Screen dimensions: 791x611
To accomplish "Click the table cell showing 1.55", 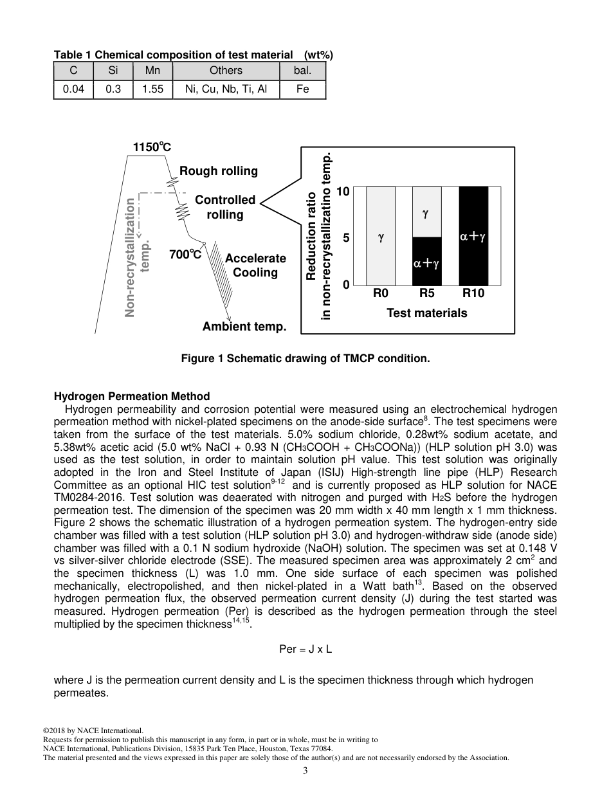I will tap(153, 89).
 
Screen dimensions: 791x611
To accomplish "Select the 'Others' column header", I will tap(226, 71).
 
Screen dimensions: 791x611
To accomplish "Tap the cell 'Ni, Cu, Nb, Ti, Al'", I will tap(226, 89).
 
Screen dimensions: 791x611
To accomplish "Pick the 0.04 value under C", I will tap(73, 89).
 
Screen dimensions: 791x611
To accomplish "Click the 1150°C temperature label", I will tap(152, 147).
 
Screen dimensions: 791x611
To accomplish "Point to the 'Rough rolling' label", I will tap(219, 171).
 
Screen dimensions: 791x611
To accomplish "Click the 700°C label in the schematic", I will tap(185, 255).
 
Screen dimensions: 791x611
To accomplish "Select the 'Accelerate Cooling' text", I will tap(255, 266).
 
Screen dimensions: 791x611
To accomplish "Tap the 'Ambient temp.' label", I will tap(244, 327).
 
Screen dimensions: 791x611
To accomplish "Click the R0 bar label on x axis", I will tap(381, 294).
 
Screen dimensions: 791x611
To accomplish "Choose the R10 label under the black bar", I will tap(473, 294).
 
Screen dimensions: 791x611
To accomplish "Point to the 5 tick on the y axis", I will tap(345, 238).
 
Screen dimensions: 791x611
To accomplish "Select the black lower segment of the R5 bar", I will tap(426, 262).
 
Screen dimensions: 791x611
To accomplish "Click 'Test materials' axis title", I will tap(426, 313).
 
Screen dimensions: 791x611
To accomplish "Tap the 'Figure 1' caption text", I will tap(305, 359).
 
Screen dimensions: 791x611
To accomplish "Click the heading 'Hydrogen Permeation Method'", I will tap(132, 396).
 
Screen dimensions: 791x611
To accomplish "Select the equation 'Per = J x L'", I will tap(305, 649).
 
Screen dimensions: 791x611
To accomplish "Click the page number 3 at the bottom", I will tap(305, 771).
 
